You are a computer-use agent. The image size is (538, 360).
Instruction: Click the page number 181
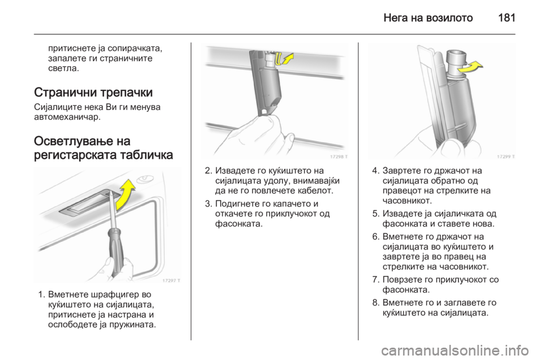507,17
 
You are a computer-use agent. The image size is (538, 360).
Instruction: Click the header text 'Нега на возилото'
428,17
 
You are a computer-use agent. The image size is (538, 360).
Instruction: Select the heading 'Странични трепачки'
94,93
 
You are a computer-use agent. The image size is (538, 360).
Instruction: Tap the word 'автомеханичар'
67,117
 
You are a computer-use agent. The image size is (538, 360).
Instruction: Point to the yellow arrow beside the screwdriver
124,194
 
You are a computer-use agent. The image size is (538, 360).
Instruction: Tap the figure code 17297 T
171,280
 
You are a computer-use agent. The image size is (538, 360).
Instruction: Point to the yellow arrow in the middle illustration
286,58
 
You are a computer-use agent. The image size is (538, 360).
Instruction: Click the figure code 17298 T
338,156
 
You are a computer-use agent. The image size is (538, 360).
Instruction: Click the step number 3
208,204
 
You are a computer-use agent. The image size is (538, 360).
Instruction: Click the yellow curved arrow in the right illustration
470,67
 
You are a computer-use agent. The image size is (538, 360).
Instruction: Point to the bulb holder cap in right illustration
456,58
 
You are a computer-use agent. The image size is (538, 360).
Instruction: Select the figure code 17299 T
505,156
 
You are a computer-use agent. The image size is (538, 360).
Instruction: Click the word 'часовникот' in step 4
407,200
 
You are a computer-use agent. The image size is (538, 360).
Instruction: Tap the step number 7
375,280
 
